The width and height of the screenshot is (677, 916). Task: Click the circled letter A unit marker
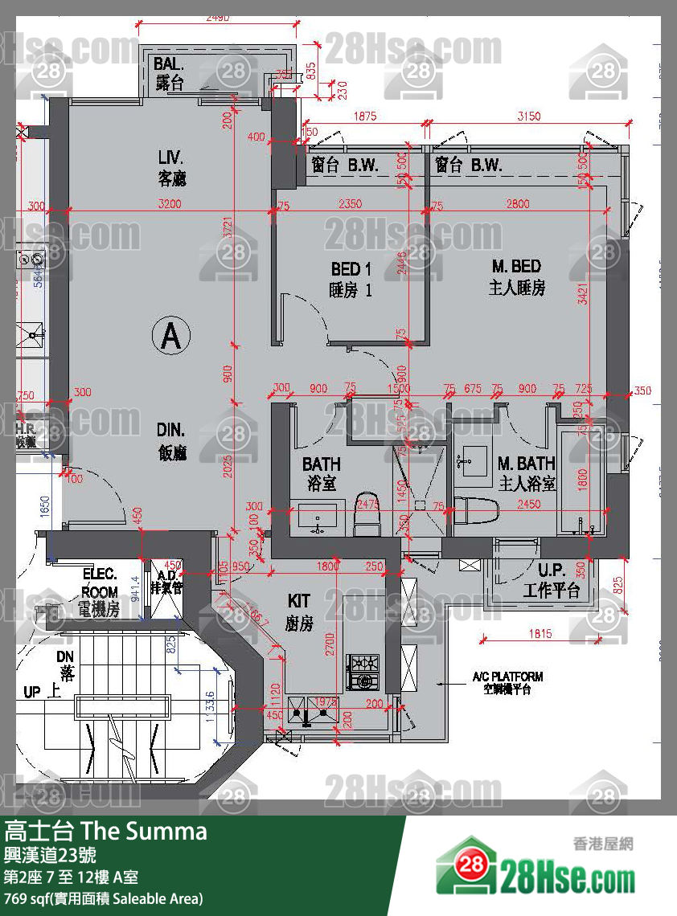pos(170,337)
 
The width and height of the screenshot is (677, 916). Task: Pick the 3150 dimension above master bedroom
pos(527,116)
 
